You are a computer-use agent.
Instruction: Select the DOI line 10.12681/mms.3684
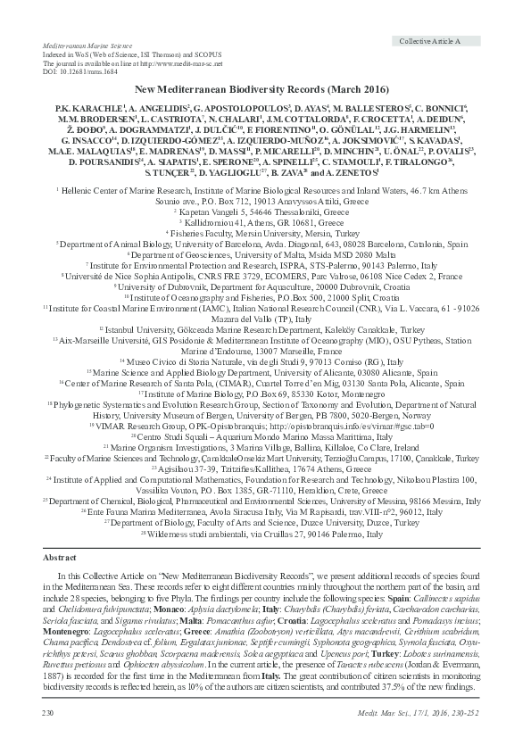[x=78, y=71]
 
